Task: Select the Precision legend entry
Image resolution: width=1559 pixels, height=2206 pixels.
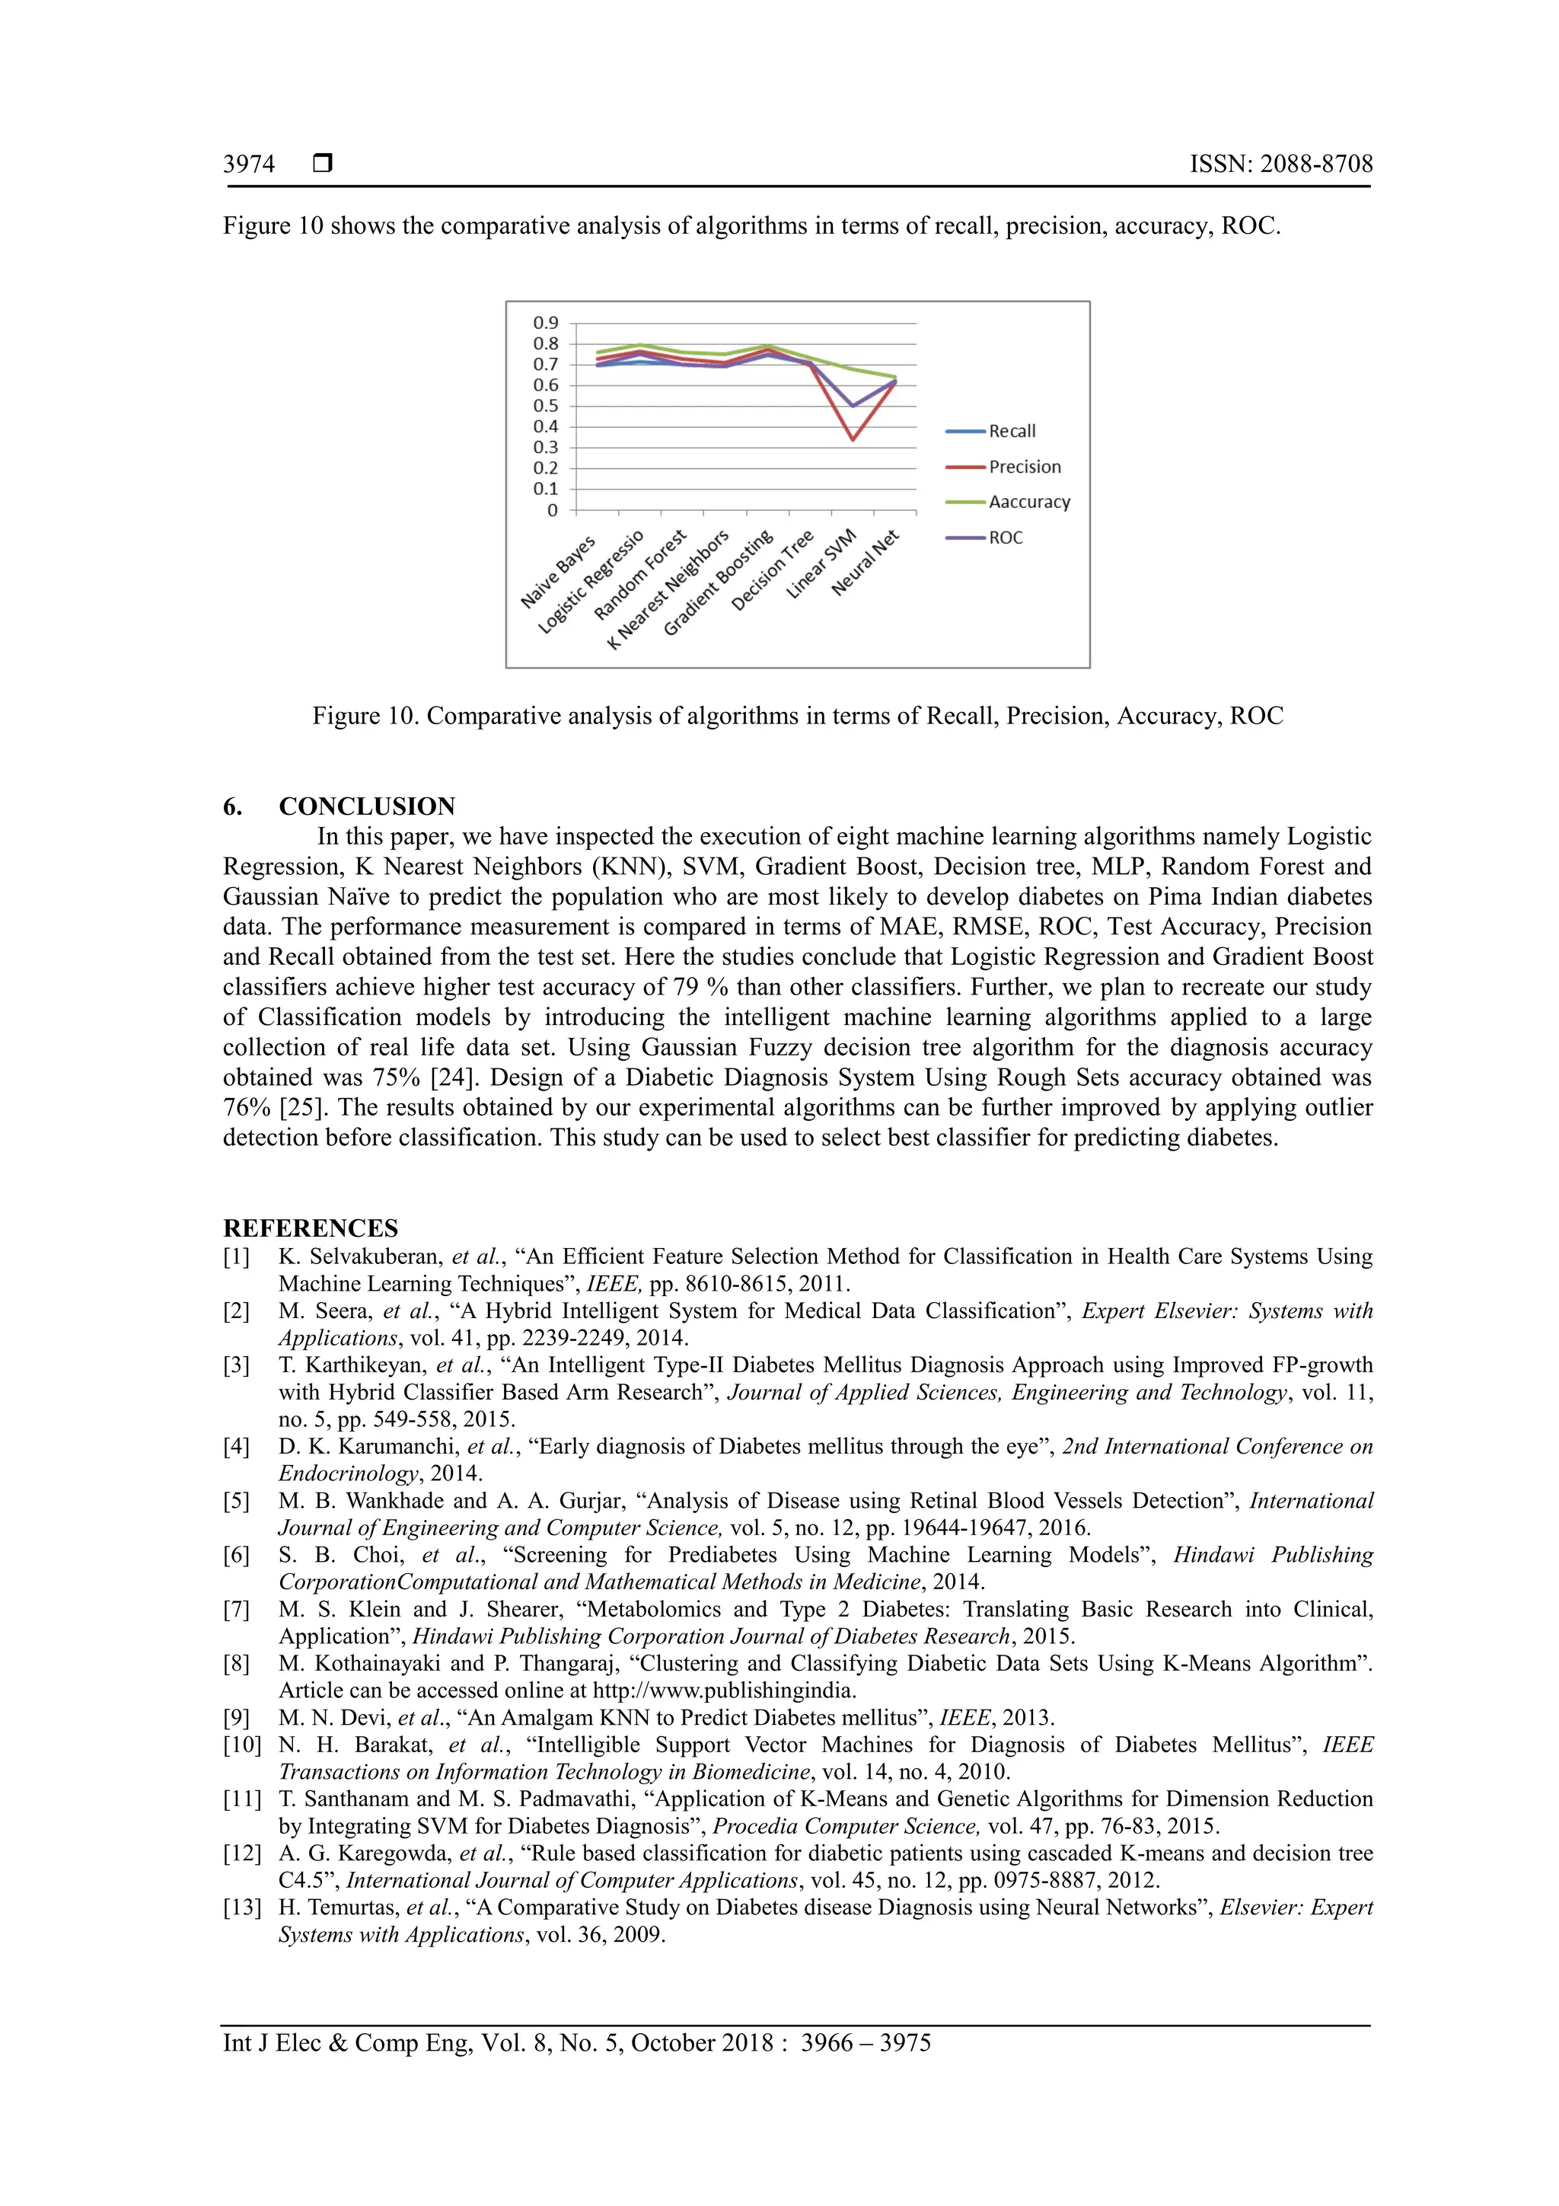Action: [1024, 467]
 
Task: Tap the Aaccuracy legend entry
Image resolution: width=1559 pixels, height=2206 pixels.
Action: [1028, 503]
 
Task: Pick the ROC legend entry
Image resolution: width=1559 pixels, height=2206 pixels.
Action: [1006, 538]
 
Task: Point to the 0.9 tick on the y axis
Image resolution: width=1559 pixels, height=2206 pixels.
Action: [546, 323]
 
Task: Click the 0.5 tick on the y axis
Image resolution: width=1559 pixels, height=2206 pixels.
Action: [546, 405]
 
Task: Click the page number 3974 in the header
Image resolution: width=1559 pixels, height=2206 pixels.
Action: [249, 164]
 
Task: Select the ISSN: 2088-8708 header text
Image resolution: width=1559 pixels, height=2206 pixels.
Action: [1280, 164]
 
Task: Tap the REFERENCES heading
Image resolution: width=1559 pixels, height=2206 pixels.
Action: [311, 1228]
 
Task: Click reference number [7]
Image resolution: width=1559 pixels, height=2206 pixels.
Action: [236, 1609]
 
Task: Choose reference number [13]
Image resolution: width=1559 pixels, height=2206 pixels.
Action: [241, 1908]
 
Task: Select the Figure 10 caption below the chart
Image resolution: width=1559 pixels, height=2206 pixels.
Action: [797, 716]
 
